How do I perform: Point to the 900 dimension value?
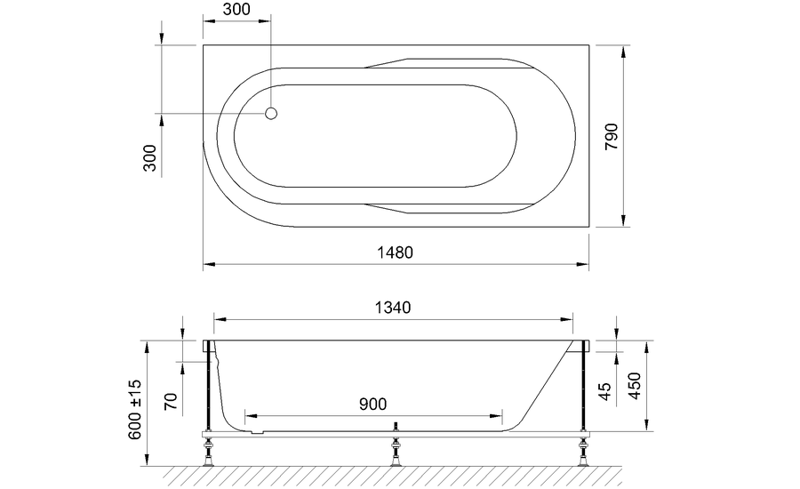pyautogui.click(x=373, y=404)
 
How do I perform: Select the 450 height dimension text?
pyautogui.click(x=633, y=386)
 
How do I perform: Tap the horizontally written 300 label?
pyautogui.click(x=236, y=10)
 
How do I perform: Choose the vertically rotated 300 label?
pyautogui.click(x=150, y=157)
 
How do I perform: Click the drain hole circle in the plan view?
pyautogui.click(x=273, y=114)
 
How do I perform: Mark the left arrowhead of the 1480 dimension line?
pyautogui.click(x=208, y=264)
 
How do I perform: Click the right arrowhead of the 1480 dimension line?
pyautogui.click(x=584, y=264)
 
